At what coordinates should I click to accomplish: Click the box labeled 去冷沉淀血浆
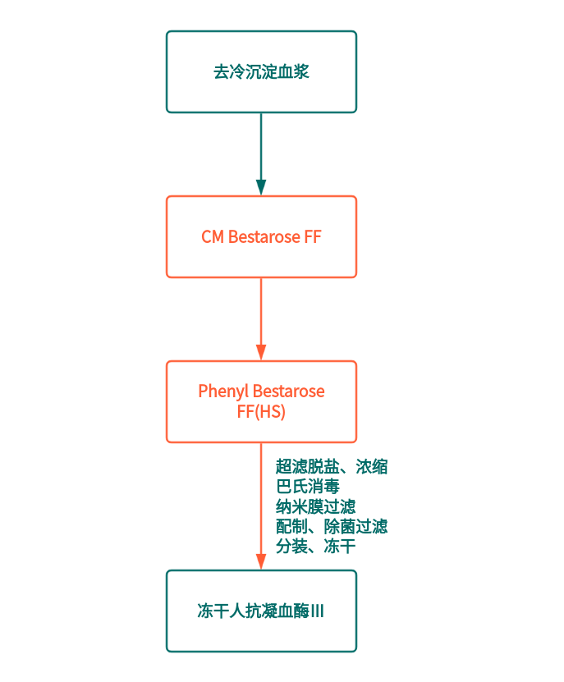261,71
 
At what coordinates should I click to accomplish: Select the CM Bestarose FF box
261,236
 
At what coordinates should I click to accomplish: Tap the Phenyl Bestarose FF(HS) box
261,401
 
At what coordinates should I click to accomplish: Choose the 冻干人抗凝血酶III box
261,611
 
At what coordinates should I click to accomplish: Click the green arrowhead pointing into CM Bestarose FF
261,187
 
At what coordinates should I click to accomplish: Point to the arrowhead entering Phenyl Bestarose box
261,352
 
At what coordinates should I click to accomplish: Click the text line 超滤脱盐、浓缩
332,467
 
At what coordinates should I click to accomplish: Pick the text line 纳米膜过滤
316,506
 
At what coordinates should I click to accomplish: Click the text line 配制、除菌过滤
332,526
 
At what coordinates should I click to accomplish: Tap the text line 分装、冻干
316,546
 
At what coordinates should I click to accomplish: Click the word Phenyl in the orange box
223,391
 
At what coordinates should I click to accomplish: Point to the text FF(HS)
261,412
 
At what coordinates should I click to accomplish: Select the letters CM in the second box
213,237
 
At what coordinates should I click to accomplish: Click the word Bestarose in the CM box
264,237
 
